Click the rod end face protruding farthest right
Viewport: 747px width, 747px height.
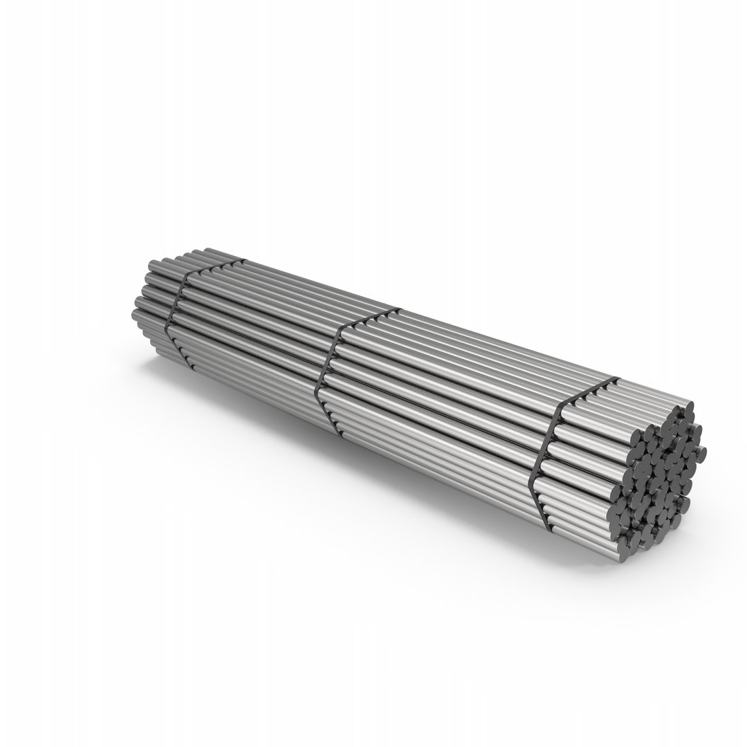(x=701, y=453)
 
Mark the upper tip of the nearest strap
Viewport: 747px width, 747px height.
(x=615, y=379)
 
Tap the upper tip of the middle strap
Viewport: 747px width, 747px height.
(x=398, y=308)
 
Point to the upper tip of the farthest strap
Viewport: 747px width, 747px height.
(x=242, y=261)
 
